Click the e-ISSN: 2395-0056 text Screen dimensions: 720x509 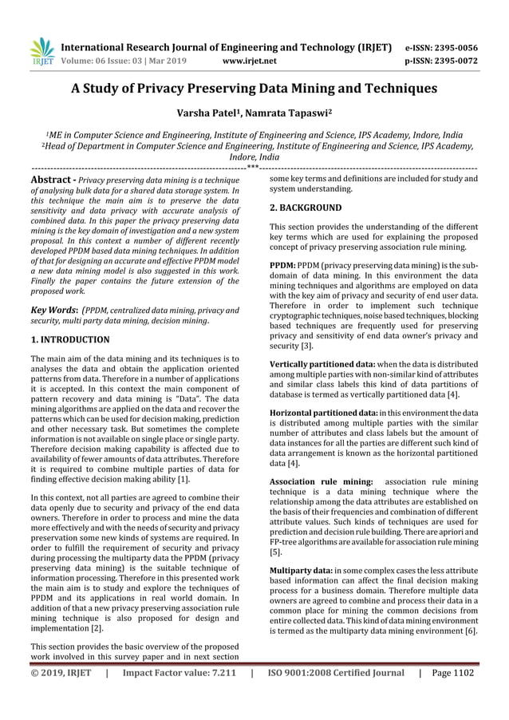[x=442, y=47]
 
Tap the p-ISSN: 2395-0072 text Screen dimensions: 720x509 [x=442, y=60]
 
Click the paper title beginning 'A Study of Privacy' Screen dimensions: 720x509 [x=254, y=88]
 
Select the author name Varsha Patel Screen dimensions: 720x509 [x=210, y=115]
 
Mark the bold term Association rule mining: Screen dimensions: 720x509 [x=321, y=482]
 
